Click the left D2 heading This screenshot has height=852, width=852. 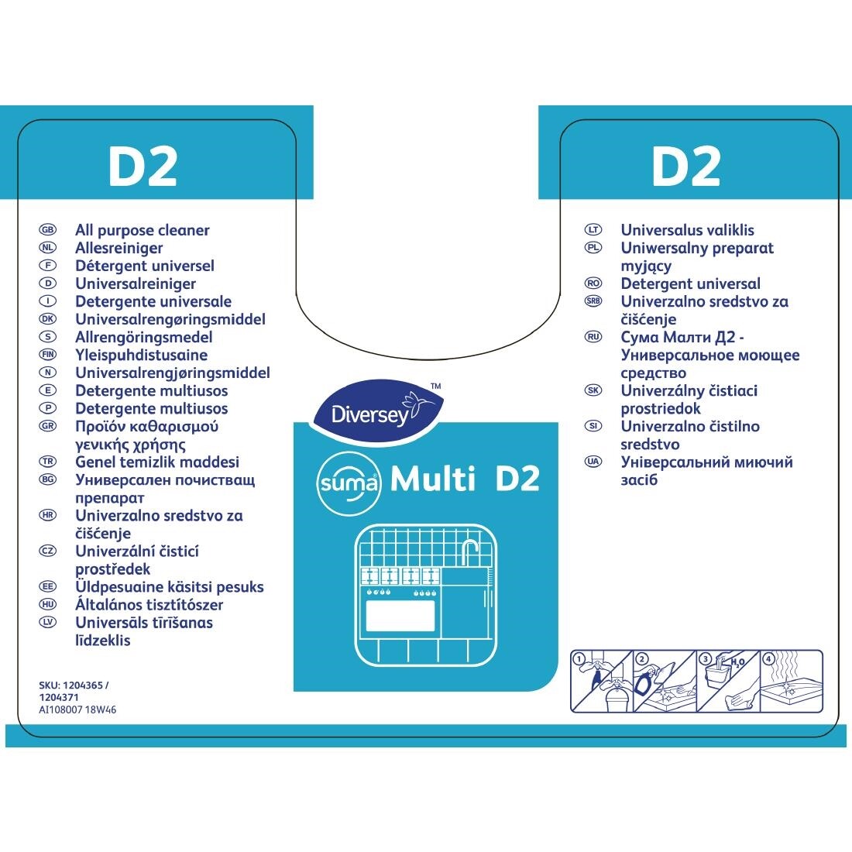click(143, 166)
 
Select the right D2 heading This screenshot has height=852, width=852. click(686, 166)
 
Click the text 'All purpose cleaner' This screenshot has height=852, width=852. click(143, 230)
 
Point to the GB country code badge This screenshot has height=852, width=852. click(46, 231)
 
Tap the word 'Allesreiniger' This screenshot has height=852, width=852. click(119, 248)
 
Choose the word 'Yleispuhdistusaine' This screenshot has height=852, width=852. click(141, 356)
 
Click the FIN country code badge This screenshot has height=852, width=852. click(46, 356)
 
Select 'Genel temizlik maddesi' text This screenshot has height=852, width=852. click(157, 462)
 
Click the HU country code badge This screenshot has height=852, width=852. click(46, 605)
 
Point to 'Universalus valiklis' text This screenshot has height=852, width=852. click(687, 230)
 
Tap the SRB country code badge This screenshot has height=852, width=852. click(593, 302)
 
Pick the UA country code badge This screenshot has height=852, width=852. click(593, 462)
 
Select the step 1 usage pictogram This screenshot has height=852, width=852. click(601, 681)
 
